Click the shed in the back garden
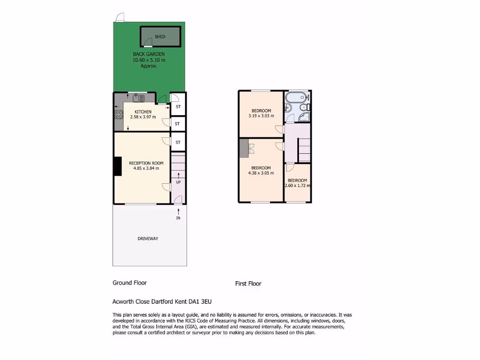160,37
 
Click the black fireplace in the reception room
117,166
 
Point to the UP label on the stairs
178,182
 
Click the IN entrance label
178,218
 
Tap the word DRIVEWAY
148,239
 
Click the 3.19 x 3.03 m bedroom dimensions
261,116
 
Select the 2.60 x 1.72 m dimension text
298,186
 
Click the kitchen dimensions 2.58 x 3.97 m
143,117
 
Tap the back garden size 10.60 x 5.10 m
149,60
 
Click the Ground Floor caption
129,283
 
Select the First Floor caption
248,284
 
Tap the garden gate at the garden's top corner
120,16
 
